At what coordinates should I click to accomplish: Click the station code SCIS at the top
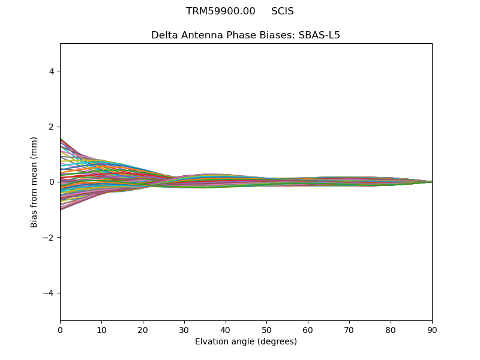click(283, 11)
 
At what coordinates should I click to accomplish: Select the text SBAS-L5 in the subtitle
click(319, 35)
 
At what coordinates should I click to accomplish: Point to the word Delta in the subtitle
click(164, 35)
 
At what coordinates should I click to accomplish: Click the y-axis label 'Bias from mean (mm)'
click(34, 182)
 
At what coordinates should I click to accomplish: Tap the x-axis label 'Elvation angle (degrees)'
click(246, 342)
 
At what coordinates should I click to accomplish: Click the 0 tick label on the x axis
click(60, 329)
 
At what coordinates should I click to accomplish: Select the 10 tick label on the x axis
click(101, 329)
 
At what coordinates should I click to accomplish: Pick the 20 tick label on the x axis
click(143, 329)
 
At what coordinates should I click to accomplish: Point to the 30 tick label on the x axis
click(184, 329)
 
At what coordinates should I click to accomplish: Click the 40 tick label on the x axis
click(226, 329)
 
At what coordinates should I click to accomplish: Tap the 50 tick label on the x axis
click(266, 329)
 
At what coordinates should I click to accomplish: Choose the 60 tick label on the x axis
click(308, 329)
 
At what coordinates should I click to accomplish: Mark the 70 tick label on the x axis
click(349, 329)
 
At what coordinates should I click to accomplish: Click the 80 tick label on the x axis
click(391, 329)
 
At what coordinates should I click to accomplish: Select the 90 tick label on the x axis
click(432, 329)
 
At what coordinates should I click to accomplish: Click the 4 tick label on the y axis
click(52, 71)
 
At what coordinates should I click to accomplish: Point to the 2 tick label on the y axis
click(52, 127)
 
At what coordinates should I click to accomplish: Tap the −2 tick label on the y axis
click(49, 238)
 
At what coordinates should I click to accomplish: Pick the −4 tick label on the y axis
click(49, 293)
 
